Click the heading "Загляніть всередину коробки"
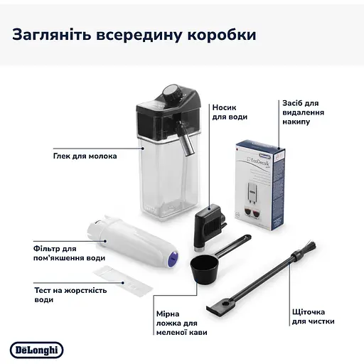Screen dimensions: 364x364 (134, 35)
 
